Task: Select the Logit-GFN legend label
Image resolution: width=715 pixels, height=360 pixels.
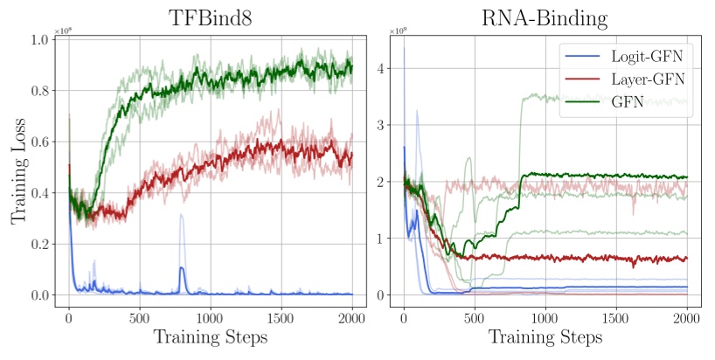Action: coord(649,57)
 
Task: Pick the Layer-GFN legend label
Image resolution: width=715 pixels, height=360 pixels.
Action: coord(649,79)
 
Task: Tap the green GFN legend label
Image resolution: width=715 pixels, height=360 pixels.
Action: coord(628,101)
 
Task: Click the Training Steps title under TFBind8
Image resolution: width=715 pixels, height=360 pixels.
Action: coord(210,336)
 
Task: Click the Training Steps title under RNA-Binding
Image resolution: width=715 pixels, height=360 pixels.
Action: coord(545,336)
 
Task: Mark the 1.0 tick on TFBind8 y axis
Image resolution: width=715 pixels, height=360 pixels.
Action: coord(38,40)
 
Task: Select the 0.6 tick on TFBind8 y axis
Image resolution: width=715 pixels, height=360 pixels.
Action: coord(38,142)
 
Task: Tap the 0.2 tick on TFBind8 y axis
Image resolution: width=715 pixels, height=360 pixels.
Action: coord(38,245)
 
